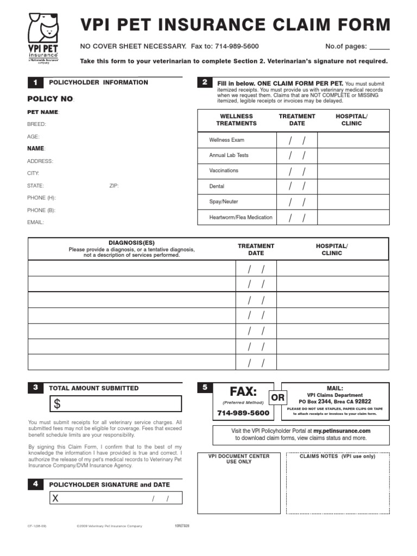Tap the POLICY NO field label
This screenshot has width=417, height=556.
[50, 99]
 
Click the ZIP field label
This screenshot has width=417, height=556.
[113, 186]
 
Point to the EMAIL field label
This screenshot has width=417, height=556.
[35, 222]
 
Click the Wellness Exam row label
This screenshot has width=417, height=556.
[227, 140]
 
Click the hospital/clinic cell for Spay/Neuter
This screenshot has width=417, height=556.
[353, 202]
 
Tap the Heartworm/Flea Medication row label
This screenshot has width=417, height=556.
[241, 218]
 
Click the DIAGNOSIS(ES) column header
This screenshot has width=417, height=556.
[131, 243]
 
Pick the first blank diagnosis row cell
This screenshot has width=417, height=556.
[131, 269]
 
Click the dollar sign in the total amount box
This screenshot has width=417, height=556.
[58, 404]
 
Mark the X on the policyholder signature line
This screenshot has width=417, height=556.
[55, 499]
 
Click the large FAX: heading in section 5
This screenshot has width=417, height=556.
[243, 391]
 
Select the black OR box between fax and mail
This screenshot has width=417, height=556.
[278, 398]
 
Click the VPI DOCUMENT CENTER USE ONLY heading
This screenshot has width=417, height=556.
[239, 459]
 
